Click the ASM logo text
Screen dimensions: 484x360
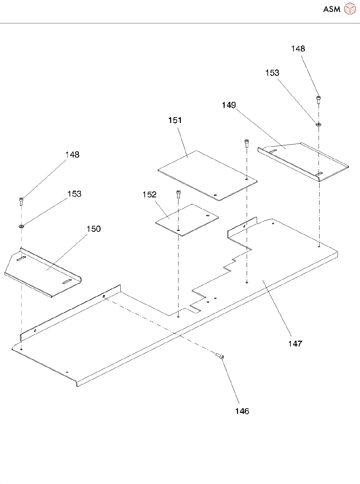click(x=332, y=9)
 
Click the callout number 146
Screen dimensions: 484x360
click(x=242, y=411)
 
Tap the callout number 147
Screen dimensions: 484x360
click(x=295, y=344)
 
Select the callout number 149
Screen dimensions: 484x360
click(x=229, y=105)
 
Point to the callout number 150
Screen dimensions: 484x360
click(x=94, y=229)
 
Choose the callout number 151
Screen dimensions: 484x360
click(x=175, y=120)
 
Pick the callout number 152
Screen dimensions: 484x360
click(x=149, y=194)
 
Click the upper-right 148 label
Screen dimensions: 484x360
click(x=298, y=49)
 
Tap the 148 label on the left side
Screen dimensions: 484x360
click(x=72, y=155)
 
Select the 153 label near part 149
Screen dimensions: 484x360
click(x=272, y=73)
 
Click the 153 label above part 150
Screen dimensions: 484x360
click(x=74, y=194)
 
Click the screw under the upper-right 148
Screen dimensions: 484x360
click(x=319, y=99)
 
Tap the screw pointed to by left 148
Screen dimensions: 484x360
click(x=21, y=201)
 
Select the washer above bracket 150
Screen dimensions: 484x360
click(x=22, y=226)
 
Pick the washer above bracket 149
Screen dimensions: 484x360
click(x=319, y=124)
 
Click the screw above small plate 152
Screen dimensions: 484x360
click(x=178, y=193)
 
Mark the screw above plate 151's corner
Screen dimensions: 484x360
click(x=247, y=143)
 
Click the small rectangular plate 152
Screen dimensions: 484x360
click(x=187, y=219)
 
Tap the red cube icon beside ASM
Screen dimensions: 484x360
click(x=350, y=9)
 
